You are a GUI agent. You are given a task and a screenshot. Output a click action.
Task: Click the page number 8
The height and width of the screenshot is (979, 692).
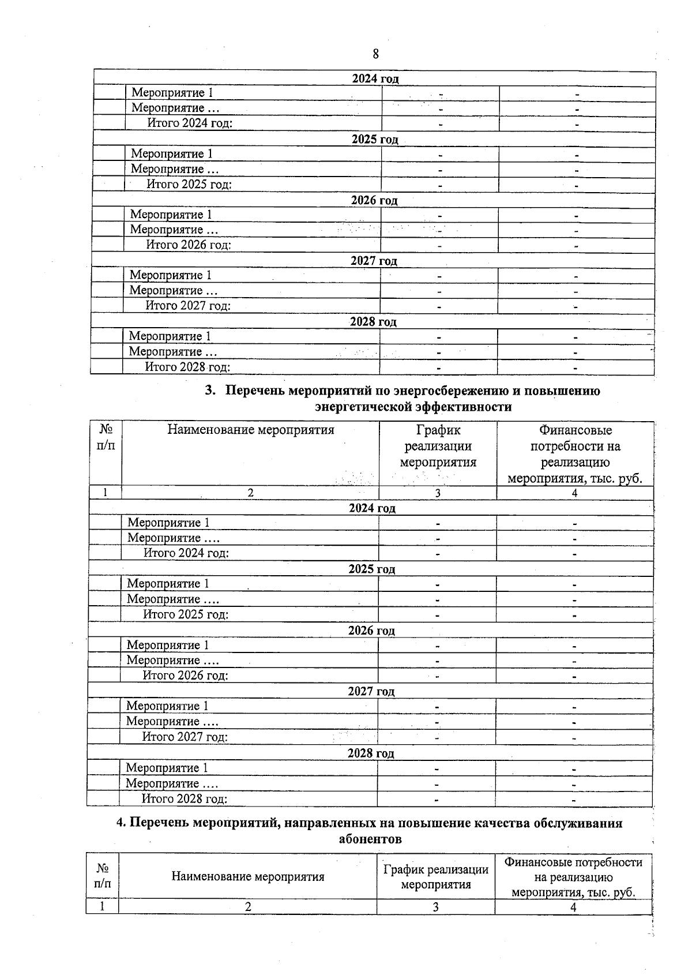pyautogui.click(x=375, y=54)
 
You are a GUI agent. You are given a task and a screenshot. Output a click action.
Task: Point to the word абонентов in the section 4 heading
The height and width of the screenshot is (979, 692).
pyautogui.click(x=370, y=839)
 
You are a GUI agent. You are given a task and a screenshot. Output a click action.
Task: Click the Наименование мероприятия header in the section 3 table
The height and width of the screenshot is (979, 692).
pyautogui.click(x=251, y=430)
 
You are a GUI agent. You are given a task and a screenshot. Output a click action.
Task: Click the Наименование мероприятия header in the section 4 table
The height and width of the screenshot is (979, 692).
pyautogui.click(x=248, y=877)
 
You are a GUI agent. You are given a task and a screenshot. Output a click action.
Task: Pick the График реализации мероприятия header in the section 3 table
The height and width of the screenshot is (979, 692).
pyautogui.click(x=438, y=446)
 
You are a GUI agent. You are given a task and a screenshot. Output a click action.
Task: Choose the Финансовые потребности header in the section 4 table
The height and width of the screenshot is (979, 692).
pyautogui.click(x=573, y=877)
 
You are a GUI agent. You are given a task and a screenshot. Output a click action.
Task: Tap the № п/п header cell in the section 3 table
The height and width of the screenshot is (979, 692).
pyautogui.click(x=106, y=437)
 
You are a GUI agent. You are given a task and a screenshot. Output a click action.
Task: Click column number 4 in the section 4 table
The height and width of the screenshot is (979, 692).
pyautogui.click(x=573, y=907)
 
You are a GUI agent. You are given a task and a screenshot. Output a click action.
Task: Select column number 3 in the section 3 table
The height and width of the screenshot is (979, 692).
pyautogui.click(x=438, y=493)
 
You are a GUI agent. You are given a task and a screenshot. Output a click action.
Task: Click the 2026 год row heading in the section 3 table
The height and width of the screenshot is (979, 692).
pyautogui.click(x=371, y=631)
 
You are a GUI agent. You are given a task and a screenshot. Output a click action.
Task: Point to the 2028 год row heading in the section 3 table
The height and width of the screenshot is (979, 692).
pyautogui.click(x=371, y=753)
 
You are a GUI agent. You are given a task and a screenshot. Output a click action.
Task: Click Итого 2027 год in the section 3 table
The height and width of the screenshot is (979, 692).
pyautogui.click(x=185, y=737)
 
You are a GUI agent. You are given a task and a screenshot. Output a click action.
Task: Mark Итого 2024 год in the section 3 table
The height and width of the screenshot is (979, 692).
pyautogui.click(x=186, y=553)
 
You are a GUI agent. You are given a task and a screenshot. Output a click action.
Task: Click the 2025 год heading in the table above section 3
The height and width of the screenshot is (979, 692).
pyautogui.click(x=375, y=140)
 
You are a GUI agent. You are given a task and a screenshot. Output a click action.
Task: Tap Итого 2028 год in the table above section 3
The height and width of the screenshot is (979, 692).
pyautogui.click(x=187, y=367)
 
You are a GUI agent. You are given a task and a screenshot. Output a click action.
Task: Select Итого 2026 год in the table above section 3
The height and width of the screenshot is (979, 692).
pyautogui.click(x=189, y=245)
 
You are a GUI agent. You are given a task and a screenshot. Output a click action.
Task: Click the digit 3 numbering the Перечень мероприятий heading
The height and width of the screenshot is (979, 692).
pyautogui.click(x=209, y=391)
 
